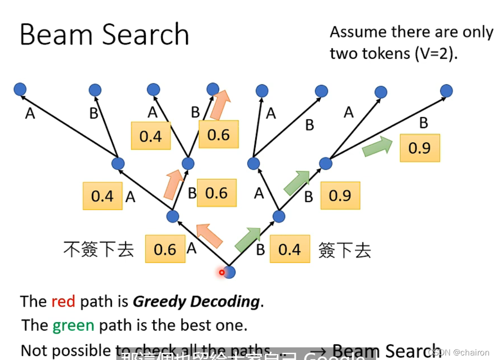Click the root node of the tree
click(230, 272)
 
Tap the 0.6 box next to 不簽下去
click(165, 249)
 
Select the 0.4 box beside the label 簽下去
click(289, 249)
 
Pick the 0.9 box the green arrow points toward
click(419, 148)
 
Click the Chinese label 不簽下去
click(99, 249)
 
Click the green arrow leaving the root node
click(248, 240)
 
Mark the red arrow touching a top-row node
click(220, 105)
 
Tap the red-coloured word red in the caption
click(63, 301)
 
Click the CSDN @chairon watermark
click(459, 352)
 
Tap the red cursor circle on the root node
click(222, 272)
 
